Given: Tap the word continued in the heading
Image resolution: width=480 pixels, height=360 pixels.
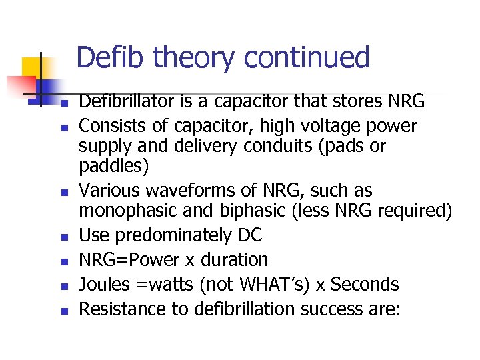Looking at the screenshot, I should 307,57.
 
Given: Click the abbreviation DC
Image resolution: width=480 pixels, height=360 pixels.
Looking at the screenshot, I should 250,235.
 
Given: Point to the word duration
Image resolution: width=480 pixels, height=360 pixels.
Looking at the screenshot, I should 233,259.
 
